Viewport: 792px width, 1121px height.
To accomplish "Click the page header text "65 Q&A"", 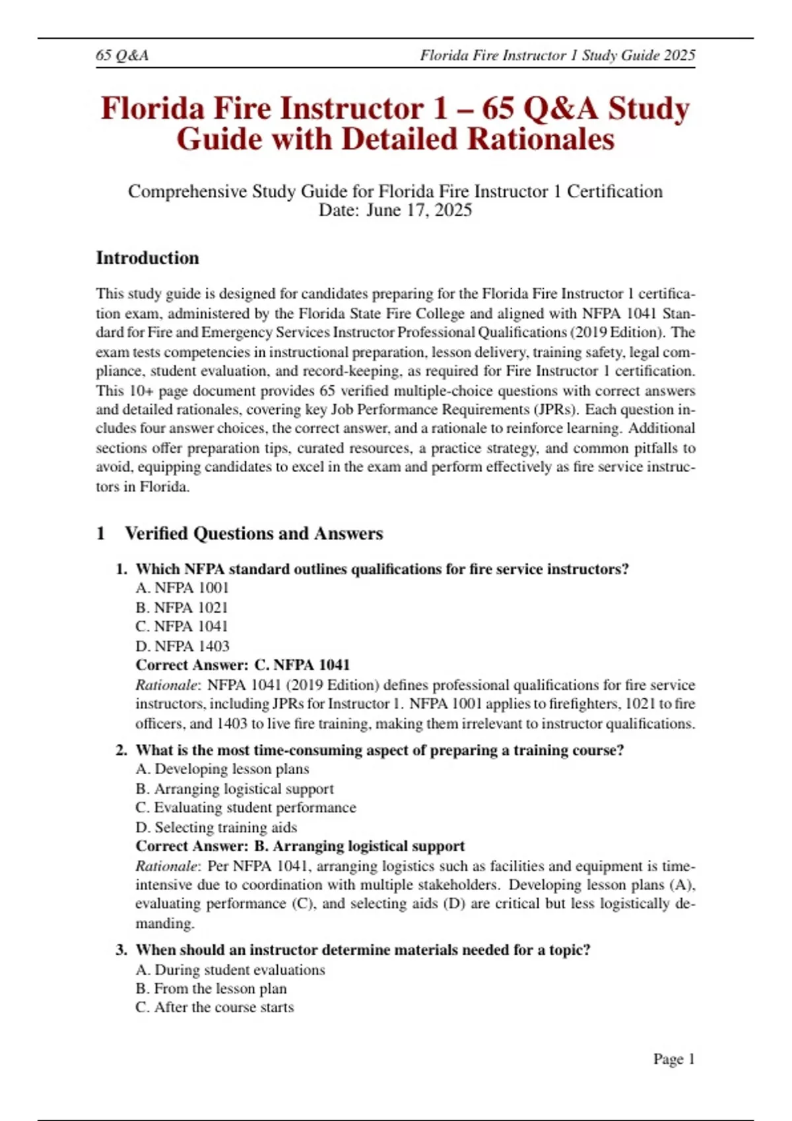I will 122,55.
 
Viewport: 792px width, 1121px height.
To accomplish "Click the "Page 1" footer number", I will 673,1059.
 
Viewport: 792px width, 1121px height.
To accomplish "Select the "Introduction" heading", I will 147,258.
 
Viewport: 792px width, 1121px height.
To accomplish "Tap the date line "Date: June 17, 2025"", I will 395,210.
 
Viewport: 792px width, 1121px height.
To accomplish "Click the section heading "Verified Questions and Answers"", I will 253,533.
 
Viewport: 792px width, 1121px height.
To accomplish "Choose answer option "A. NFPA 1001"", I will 182,588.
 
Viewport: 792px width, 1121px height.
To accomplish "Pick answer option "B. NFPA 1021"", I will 181,607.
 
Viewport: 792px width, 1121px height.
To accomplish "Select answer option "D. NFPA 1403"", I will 182,646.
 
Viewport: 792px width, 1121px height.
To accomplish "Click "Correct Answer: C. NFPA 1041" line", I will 242,665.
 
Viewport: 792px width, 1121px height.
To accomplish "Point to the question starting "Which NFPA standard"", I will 381,569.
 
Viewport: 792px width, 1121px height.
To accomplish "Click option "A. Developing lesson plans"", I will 222,770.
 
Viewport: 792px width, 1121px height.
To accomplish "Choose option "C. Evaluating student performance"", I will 246,808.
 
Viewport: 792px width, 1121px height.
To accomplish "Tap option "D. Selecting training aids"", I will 216,828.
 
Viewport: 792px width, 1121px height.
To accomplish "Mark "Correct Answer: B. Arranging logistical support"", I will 300,847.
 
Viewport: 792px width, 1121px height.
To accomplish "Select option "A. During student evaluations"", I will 230,970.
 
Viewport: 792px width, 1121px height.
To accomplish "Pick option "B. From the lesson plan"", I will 211,989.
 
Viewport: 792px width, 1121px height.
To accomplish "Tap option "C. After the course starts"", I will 214,1008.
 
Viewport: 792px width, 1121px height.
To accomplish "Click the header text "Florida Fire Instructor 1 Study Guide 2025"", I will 557,55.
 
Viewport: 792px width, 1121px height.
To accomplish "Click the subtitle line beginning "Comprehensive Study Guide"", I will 395,192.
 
